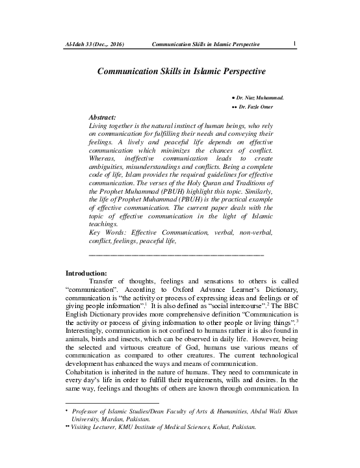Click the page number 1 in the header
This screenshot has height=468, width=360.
tap(295, 44)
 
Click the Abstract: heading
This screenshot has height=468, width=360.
tap(101, 116)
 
